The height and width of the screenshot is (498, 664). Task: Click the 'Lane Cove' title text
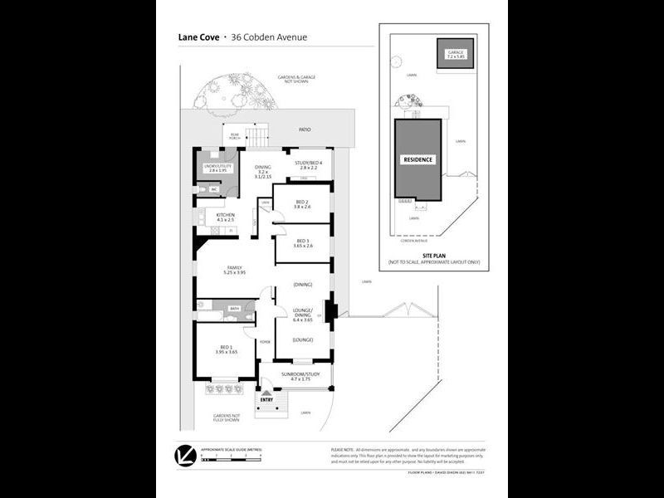click(x=198, y=37)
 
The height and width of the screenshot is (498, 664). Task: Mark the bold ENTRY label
click(x=266, y=400)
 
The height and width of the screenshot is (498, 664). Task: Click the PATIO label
click(x=305, y=129)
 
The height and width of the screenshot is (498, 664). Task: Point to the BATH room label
click(x=235, y=308)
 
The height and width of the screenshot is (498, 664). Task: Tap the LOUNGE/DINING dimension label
click(x=302, y=317)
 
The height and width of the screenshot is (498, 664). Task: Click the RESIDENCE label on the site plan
click(x=418, y=159)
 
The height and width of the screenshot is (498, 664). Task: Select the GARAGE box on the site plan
click(x=456, y=55)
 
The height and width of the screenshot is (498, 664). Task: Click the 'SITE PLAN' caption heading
click(x=434, y=256)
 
